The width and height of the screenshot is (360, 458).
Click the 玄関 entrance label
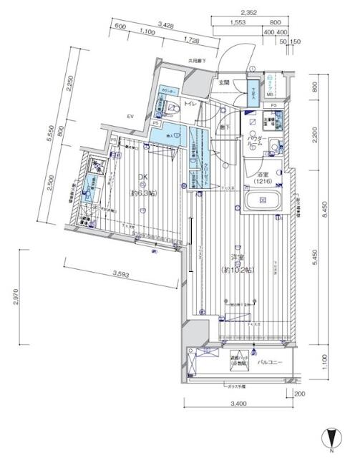[x=223, y=83]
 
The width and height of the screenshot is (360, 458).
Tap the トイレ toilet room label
[x=190, y=105]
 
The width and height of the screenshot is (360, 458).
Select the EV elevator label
[x=131, y=116]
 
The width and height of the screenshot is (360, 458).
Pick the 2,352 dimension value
[x=248, y=12]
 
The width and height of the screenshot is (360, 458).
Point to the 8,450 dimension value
[x=323, y=208]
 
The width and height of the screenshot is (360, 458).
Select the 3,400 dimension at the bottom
[x=240, y=405]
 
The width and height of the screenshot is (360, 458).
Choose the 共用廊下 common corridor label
[x=197, y=61]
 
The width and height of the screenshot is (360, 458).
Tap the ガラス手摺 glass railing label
[x=237, y=387]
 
